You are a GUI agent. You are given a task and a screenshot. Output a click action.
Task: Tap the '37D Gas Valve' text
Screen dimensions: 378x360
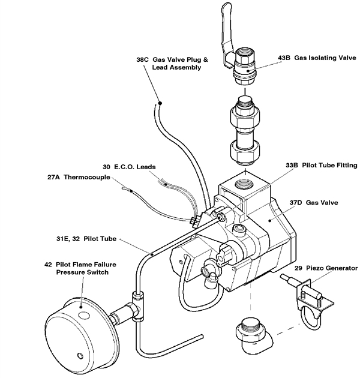tap(314, 203)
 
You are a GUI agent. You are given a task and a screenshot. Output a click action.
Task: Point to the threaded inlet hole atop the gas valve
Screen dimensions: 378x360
tap(244, 183)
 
